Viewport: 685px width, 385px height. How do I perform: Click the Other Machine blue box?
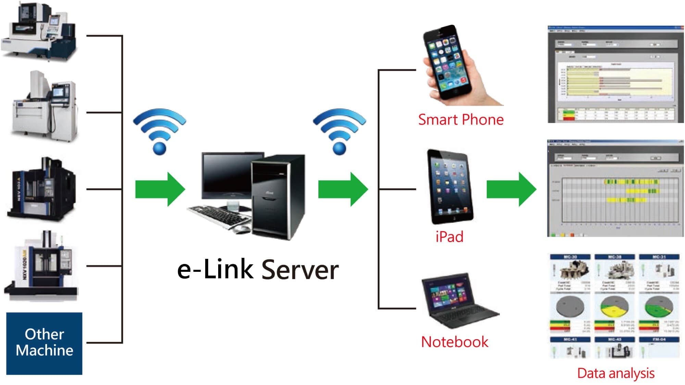pos(44,343)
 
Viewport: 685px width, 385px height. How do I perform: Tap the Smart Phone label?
pos(461,120)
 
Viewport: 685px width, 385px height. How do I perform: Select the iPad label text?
pos(449,237)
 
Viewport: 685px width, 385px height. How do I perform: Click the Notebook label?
pos(454,342)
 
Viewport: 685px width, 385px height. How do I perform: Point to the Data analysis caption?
pos(615,373)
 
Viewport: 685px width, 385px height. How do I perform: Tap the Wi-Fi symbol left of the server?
pos(160,131)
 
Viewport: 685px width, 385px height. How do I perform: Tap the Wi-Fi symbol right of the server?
pos(339,131)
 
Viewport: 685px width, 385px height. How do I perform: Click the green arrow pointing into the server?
pos(160,189)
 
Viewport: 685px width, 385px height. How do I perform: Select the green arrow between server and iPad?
pos(343,189)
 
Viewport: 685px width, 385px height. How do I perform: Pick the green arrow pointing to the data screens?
pos(511,189)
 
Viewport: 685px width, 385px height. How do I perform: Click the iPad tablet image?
pos(450,186)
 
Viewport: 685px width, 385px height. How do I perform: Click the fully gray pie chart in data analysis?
pos(570,306)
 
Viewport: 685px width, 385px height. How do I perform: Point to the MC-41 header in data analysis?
pos(570,340)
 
